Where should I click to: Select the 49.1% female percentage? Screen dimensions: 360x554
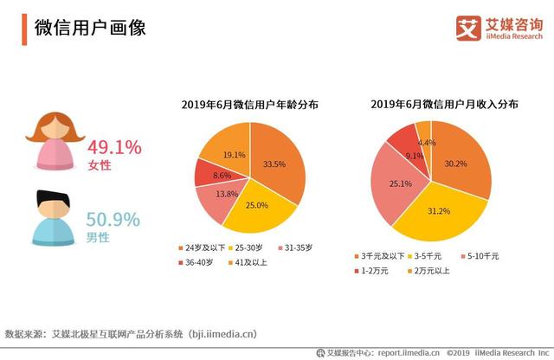tap(113, 147)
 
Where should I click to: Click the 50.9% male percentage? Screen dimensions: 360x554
tap(113, 219)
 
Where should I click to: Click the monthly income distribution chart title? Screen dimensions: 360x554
tap(445, 104)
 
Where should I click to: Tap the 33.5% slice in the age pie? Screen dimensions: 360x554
tap(275, 164)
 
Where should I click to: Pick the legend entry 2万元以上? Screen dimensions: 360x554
tap(434, 272)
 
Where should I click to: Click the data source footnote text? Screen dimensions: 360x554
tap(130, 332)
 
